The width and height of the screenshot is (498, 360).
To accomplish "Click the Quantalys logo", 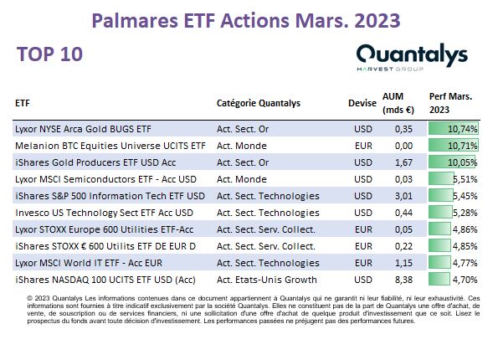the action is click(412, 57).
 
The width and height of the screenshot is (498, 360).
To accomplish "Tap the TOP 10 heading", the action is click(50, 54).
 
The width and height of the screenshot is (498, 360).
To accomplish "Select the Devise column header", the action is click(362, 103).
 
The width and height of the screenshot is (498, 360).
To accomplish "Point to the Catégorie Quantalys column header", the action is click(259, 103).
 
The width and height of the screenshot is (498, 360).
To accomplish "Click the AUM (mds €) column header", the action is click(398, 103).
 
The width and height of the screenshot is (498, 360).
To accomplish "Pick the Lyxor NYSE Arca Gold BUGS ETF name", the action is click(83, 129).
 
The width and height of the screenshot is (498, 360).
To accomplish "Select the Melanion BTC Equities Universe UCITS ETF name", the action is click(110, 146).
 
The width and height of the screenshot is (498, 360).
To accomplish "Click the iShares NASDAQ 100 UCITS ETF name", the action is click(105, 280).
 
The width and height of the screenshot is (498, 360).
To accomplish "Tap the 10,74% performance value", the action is click(462, 129).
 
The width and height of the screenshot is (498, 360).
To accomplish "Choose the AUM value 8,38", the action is click(403, 280).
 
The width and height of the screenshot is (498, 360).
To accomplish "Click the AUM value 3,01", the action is click(403, 196).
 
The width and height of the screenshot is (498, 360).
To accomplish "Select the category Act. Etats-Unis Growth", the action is click(267, 280).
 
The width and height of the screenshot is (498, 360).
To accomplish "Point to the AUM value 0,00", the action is click(403, 146).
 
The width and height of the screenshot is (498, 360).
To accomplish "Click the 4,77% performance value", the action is click(465, 263).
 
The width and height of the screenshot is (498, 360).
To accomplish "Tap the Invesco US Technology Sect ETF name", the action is click(104, 213).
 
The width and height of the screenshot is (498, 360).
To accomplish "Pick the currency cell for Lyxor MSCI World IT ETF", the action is click(363, 263).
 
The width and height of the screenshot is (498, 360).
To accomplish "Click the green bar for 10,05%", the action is click(452, 162).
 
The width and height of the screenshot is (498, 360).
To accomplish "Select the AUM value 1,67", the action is click(403, 162).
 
